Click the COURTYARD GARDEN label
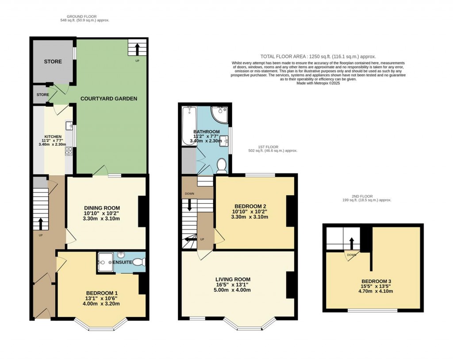tap(109, 99)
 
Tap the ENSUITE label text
tap(122, 262)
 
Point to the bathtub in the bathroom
tap(189, 125)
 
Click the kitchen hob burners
tap(69, 151)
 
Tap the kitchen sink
tap(69, 126)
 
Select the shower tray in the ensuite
tap(105, 262)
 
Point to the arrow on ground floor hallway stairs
tap(40, 224)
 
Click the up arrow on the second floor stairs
tap(351, 244)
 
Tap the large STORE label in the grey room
tap(53, 62)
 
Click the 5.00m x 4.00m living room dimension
tap(233, 290)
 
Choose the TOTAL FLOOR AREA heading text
tap(318, 57)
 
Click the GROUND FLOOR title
tap(81, 16)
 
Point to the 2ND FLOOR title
tap(362, 196)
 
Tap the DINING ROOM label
tap(102, 208)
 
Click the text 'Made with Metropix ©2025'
tap(318, 83)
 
